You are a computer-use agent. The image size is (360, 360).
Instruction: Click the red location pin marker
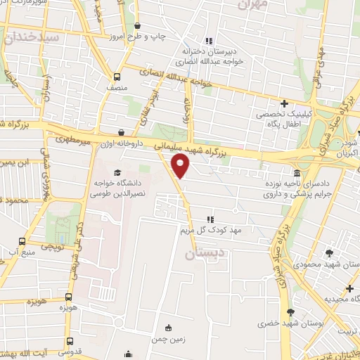point(181,166)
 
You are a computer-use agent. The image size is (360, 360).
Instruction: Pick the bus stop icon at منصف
point(117,77)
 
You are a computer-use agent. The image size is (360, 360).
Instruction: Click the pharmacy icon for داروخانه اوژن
point(122,131)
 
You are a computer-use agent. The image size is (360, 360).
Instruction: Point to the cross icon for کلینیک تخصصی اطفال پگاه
point(284,103)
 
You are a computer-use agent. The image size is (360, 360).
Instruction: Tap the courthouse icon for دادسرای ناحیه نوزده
point(297,173)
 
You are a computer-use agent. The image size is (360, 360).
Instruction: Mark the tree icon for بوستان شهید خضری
point(290,312)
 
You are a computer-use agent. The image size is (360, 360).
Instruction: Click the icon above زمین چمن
point(167,328)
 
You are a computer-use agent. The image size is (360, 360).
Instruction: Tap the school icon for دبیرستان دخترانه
point(207,40)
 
